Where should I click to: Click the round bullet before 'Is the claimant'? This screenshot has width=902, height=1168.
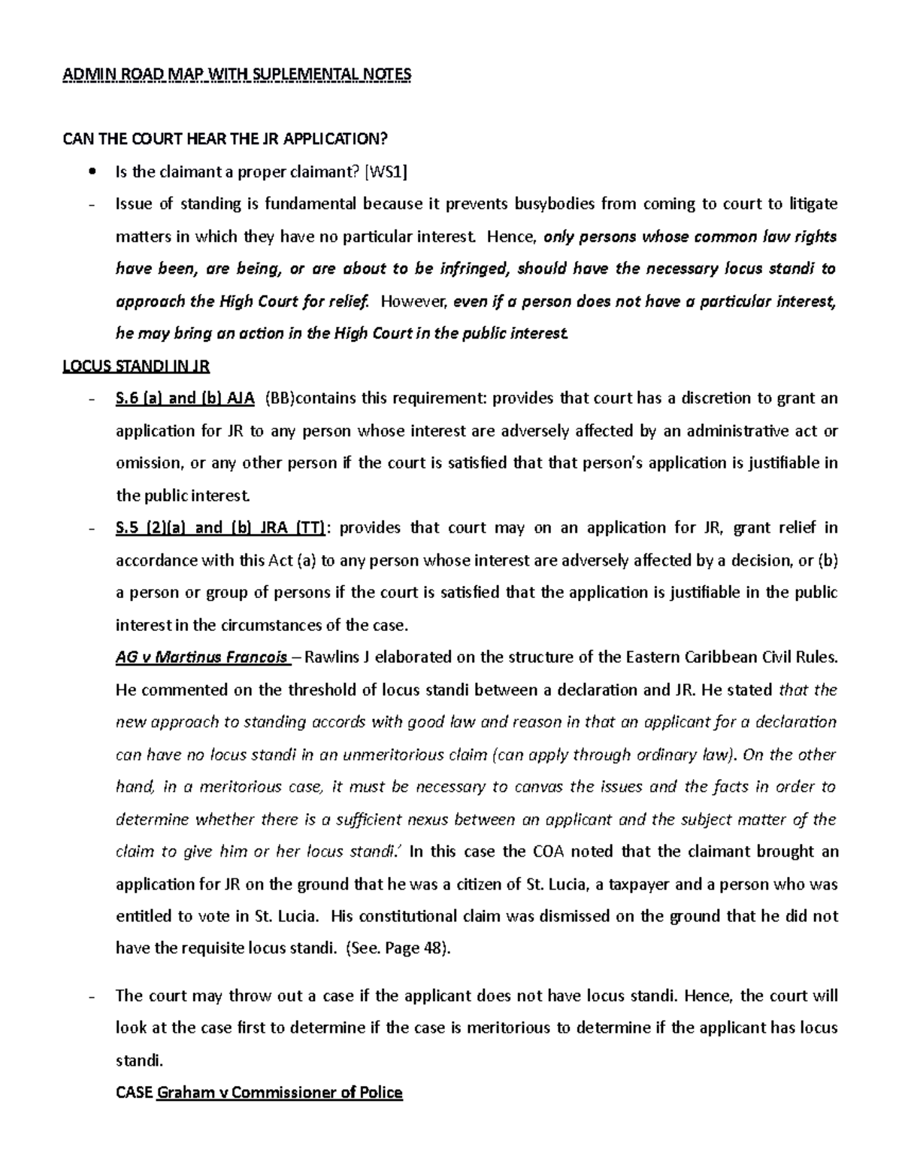(92, 172)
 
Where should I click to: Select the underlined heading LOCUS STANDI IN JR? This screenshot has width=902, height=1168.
(135, 366)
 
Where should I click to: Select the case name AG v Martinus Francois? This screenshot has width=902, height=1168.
(203, 657)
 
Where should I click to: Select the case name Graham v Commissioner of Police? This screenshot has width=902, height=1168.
(279, 1093)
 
